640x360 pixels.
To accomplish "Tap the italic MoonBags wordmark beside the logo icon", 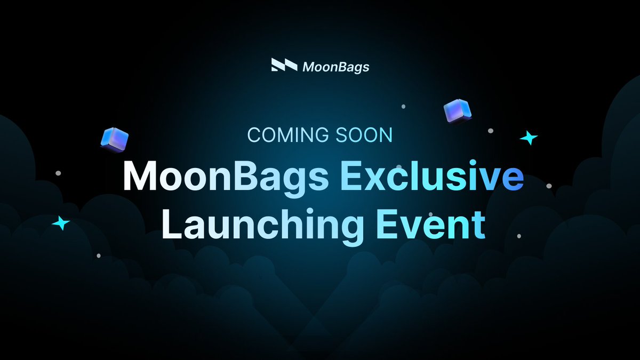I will coord(335,67).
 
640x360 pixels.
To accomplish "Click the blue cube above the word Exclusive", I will coord(458,111).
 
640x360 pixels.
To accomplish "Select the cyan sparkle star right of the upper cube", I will coord(529,138).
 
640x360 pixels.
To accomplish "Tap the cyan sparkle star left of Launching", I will coord(61,222).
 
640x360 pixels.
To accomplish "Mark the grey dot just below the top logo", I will coord(403,107).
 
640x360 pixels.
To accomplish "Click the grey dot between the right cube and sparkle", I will coord(491,130).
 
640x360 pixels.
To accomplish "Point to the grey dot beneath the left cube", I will coord(58,173).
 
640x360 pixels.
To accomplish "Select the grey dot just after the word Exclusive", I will coord(549,186).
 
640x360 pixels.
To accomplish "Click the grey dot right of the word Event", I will coord(519,235).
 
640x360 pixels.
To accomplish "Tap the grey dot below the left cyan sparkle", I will coord(99,255).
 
